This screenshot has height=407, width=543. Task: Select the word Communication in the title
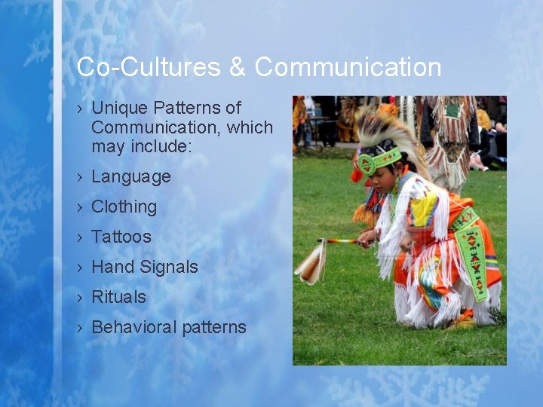(348, 67)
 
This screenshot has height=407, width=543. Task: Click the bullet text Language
(131, 177)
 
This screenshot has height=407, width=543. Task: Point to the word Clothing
(124, 207)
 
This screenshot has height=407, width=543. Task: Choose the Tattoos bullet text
(121, 237)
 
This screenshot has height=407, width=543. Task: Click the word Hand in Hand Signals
(111, 267)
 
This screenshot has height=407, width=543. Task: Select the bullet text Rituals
(119, 297)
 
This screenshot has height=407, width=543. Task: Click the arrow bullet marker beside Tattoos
(80, 237)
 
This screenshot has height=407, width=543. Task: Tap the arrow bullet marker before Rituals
(80, 297)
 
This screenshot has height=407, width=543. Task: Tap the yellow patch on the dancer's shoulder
(425, 209)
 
